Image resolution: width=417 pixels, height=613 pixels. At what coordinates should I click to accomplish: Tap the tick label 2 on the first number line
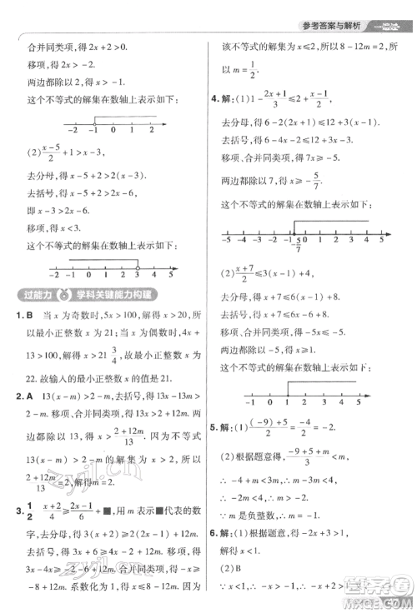(x=152, y=130)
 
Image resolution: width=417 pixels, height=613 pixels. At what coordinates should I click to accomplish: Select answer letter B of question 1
(x=29, y=316)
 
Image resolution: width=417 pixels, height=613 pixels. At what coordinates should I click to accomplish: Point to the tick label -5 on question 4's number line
(x=225, y=240)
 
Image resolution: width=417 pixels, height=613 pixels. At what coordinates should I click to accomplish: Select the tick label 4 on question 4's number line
(x=364, y=240)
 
